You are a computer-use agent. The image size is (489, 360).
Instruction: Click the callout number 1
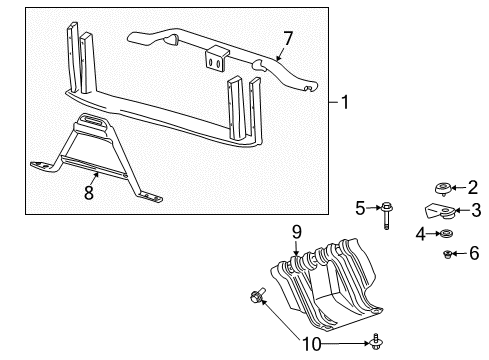(x=344, y=102)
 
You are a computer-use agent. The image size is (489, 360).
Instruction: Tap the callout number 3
(x=475, y=211)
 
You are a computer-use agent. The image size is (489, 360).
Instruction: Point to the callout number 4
(x=421, y=234)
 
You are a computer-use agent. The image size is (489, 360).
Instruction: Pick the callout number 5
(x=361, y=208)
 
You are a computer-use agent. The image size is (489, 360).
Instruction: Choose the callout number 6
(x=474, y=255)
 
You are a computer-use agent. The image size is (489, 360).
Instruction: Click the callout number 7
(x=288, y=39)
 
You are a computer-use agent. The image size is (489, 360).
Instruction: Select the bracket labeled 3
(x=440, y=211)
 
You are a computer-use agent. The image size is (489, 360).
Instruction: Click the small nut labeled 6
(x=449, y=255)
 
